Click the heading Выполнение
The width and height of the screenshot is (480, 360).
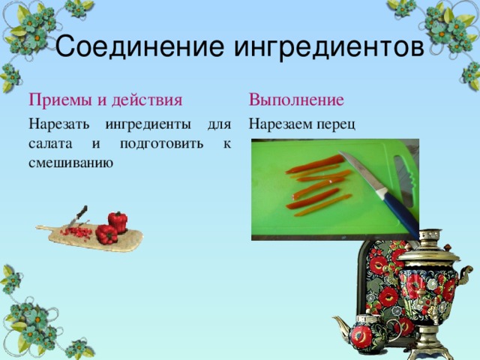point(296,100)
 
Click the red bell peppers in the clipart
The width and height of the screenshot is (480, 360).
point(112,228)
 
